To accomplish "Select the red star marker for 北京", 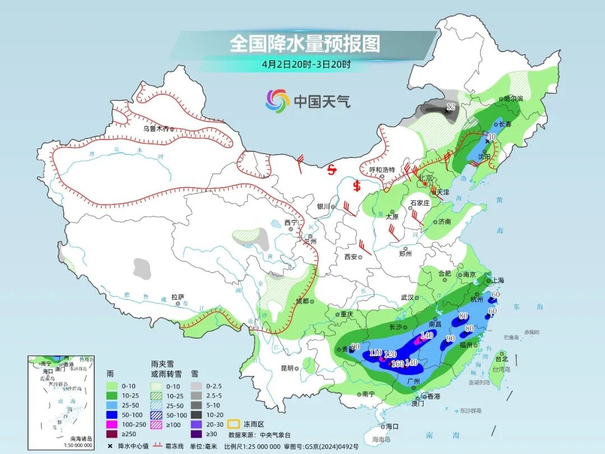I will pos(426,184).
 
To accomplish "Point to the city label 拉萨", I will pos(178,297).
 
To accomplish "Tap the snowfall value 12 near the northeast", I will pos(451,106).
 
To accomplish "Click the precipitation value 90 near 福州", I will pos(450,338).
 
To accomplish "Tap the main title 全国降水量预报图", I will pos(305,44).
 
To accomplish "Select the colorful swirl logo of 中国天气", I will pos(278,101).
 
